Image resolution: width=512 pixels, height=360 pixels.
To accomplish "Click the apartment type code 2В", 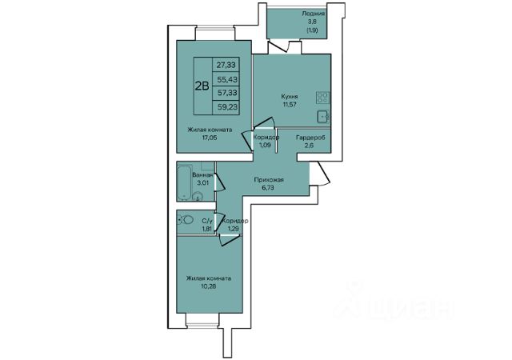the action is click(x=202, y=86).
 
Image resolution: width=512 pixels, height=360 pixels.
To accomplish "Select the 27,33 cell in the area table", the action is click(x=226, y=65).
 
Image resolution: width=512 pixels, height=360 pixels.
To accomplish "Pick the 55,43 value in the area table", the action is click(x=226, y=79).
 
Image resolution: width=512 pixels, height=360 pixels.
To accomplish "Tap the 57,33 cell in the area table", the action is click(x=226, y=93).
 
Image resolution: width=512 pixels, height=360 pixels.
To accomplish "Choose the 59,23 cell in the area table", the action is click(x=226, y=107).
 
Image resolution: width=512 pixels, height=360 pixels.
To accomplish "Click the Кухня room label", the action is click(x=290, y=97).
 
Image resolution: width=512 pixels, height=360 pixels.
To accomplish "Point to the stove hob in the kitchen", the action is click(x=322, y=98).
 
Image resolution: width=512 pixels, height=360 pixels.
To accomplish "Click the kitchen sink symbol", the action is click(x=323, y=116).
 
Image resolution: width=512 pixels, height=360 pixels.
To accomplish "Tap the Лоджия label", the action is click(x=313, y=14).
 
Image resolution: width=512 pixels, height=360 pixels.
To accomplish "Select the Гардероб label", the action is click(x=310, y=138).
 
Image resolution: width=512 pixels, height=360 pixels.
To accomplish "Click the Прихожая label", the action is click(x=269, y=180).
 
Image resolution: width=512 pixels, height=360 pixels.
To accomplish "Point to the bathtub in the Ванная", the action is click(x=185, y=182).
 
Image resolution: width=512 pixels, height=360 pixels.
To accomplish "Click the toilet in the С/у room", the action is click(x=186, y=220).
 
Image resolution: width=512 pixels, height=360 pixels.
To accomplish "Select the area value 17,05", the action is click(x=210, y=138).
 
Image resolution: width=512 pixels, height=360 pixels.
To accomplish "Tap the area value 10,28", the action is click(x=209, y=286).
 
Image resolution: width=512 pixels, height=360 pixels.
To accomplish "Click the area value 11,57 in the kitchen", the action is click(x=290, y=105).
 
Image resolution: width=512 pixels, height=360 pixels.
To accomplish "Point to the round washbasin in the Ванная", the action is click(x=198, y=196).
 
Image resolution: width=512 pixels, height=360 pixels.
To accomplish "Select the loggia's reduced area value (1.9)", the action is click(x=312, y=30).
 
